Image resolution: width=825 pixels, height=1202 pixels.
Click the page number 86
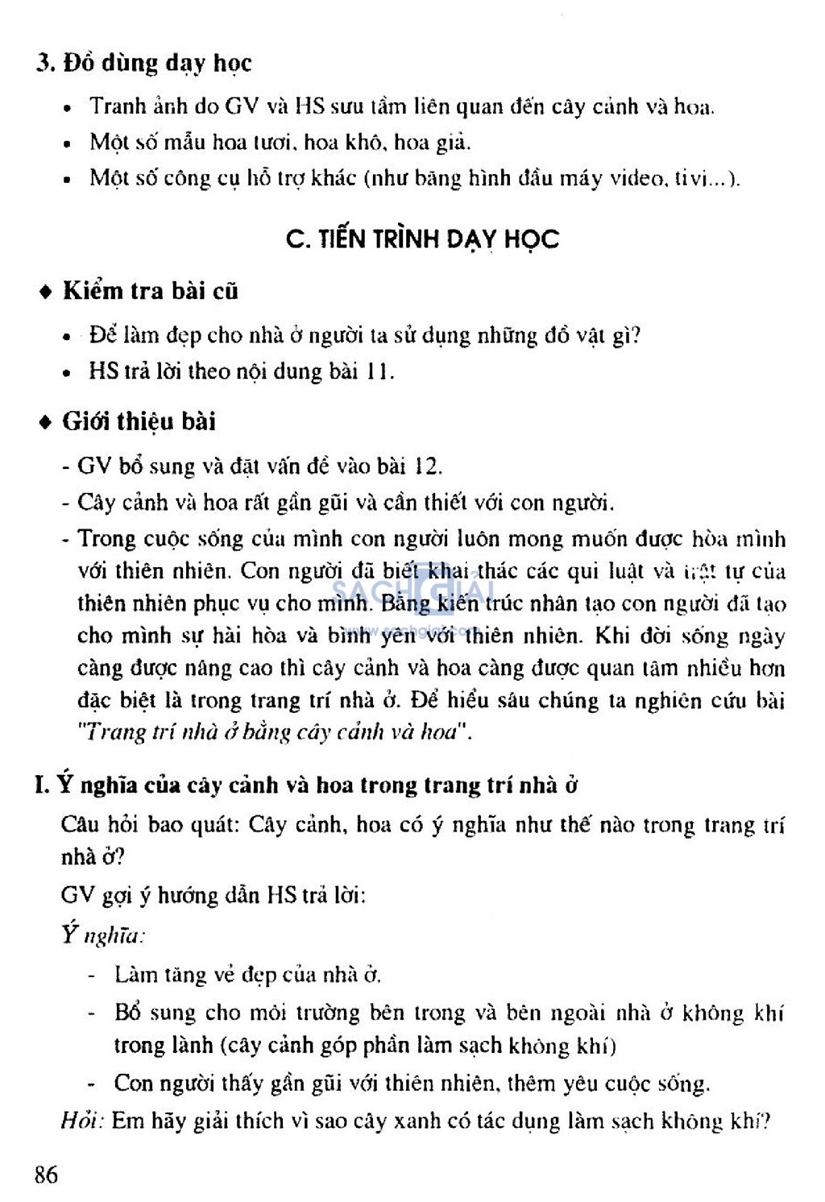46,1174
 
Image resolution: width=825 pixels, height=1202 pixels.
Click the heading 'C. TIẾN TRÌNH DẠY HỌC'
422,239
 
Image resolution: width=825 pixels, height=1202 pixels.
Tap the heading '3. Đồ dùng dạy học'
144,63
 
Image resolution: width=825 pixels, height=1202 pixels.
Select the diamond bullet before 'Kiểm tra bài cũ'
46,292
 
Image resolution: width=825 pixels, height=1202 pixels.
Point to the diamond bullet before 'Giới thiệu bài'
46,422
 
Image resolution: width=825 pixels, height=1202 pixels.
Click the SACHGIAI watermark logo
412,595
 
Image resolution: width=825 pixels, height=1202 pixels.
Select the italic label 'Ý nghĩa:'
102,935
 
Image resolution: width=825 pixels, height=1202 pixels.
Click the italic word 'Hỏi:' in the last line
82,1121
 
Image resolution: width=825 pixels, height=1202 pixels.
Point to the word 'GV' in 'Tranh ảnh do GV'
242,107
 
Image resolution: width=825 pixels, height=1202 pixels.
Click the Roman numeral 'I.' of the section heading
43,785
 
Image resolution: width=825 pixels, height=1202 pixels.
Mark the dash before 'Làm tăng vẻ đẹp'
93,976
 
